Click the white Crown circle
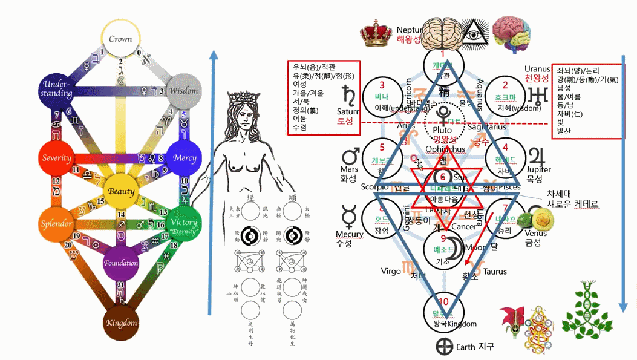(120, 38)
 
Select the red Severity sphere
(57, 158)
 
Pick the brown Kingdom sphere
(121, 321)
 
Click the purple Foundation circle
(121, 263)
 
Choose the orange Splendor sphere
(57, 223)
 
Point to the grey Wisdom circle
(183, 91)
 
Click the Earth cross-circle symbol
(445, 347)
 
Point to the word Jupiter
(538, 170)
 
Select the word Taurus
(495, 272)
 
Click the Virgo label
(391, 272)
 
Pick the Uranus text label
(537, 69)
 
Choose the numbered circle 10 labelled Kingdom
(446, 309)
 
